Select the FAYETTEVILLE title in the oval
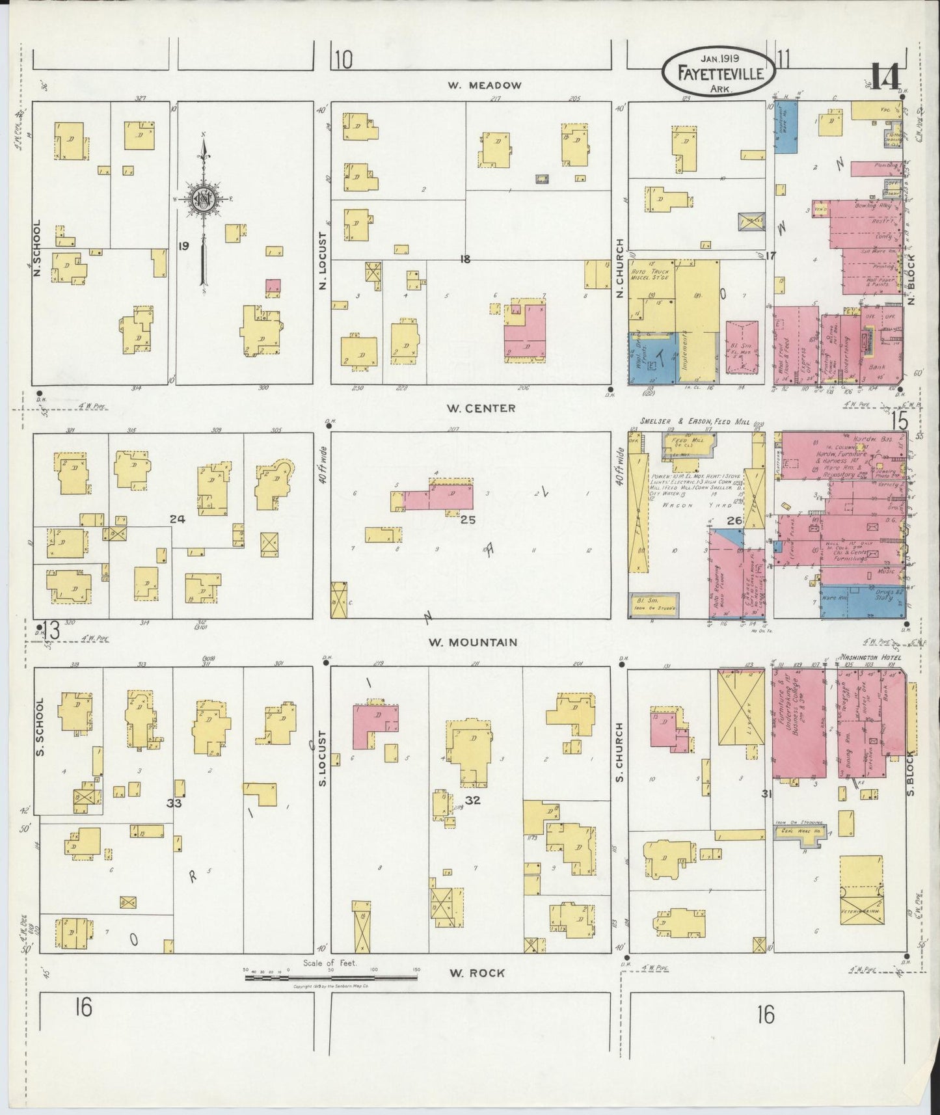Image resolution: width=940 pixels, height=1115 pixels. (720, 74)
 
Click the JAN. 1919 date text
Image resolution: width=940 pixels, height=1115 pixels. (720, 58)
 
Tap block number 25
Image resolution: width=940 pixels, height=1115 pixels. (468, 520)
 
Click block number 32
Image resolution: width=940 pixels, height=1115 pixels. (472, 799)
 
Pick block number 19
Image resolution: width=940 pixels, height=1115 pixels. (183, 246)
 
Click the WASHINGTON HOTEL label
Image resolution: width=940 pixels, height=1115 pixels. (868, 657)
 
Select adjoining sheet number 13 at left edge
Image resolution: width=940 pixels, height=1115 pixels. (51, 630)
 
